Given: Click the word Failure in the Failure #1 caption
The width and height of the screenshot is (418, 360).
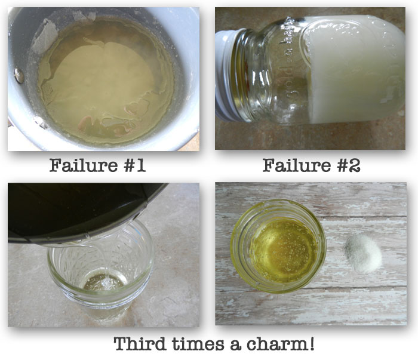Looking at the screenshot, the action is (84, 165).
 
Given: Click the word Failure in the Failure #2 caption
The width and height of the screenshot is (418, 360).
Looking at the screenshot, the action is (296, 165).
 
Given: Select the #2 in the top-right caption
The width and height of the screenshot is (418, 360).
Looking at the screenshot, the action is (348, 165).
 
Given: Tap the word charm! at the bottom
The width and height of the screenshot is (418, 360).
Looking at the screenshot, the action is (281, 344).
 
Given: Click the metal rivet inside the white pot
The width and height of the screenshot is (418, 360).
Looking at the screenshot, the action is (19, 75).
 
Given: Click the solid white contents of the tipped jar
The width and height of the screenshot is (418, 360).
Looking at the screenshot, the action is (355, 69).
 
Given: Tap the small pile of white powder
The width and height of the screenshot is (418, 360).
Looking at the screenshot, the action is (363, 253).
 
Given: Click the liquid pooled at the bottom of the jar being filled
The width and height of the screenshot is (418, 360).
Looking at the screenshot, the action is (103, 283).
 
